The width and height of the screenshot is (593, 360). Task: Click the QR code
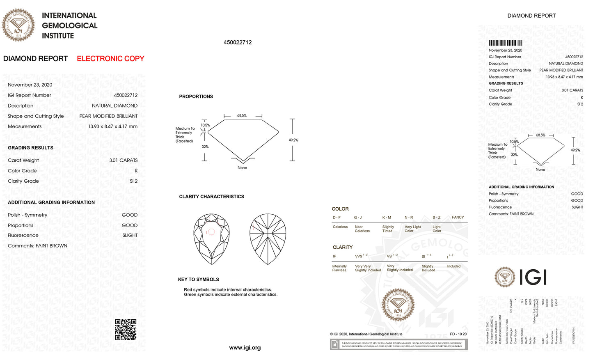click(126, 329)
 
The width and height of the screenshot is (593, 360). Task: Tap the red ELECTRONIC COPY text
click(110, 59)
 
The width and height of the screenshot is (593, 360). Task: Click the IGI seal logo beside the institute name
click(18, 25)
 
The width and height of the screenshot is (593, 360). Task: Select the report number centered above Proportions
click(238, 42)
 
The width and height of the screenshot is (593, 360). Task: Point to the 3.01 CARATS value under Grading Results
click(123, 161)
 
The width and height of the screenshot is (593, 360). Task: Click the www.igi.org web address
click(245, 348)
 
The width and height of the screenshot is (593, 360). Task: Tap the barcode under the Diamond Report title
click(505, 43)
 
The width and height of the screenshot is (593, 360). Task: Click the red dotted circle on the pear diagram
click(211, 232)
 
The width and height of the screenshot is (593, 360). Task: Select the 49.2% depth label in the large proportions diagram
click(293, 140)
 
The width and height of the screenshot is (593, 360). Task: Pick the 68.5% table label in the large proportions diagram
click(242, 116)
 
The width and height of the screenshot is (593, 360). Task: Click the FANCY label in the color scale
click(458, 218)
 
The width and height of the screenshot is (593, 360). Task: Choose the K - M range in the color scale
click(387, 218)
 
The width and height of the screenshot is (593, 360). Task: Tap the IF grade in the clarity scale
click(334, 257)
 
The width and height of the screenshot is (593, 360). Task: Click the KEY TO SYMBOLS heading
click(199, 280)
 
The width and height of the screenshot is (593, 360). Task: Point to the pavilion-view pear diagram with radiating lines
click(268, 238)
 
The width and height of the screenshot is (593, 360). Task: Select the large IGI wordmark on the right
click(533, 277)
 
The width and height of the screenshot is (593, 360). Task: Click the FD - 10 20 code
click(458, 334)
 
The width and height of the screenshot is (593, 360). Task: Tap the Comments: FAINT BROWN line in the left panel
click(37, 246)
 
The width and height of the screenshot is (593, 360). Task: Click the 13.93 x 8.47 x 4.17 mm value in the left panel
click(112, 126)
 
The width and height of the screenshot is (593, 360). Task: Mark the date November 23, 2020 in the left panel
click(30, 85)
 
